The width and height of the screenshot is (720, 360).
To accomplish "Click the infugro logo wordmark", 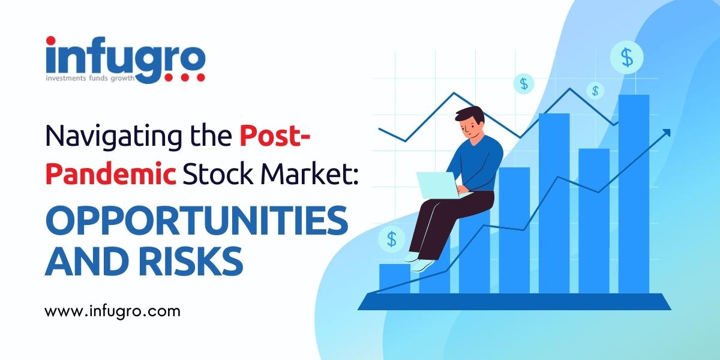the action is point(125,59).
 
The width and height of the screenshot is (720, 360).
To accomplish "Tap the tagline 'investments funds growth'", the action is point(90,79).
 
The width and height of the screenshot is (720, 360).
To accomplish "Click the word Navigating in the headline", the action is point(113,137).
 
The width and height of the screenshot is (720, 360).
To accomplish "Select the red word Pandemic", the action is point(111,174).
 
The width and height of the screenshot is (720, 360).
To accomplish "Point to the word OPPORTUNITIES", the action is point(197,221).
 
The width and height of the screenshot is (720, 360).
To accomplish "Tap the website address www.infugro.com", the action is point(113,311).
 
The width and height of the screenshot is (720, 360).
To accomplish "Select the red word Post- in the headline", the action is point(275,136).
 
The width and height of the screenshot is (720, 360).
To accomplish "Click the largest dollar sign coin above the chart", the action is point(627,58).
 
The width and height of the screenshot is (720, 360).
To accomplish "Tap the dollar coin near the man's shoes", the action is point(391,239).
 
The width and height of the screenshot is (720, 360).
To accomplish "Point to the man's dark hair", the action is point(470,115).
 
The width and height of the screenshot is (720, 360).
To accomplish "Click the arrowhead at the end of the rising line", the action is point(667,133).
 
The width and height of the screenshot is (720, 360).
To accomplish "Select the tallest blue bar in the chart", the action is point(634,194).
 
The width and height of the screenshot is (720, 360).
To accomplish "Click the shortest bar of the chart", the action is point(395,278).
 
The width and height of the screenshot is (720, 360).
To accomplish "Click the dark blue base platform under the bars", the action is point(514,301).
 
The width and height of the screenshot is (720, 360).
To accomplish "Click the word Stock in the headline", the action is point(218,174).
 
